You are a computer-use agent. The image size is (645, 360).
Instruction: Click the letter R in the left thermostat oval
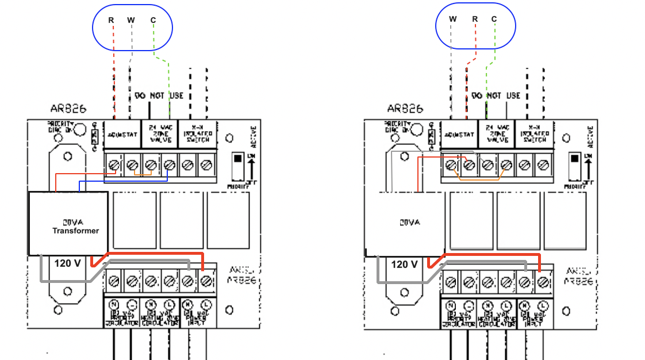tap(111, 20)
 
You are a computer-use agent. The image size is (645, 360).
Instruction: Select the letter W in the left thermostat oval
tap(131, 20)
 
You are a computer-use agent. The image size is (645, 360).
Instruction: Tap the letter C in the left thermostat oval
tap(153, 20)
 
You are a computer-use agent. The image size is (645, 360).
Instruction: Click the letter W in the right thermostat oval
tap(453, 19)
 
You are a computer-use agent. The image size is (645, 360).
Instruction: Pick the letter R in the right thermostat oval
tap(475, 19)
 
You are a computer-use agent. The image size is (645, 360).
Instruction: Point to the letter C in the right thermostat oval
tap(494, 19)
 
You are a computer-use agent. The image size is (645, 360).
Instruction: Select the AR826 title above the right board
tap(405, 108)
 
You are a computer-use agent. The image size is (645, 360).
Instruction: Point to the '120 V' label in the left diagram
tap(68, 264)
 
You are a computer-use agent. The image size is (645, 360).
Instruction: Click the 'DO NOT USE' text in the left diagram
tap(159, 95)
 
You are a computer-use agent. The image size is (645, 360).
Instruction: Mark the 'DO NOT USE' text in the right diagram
tap(496, 95)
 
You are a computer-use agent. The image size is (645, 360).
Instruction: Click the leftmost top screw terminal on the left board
tap(114, 165)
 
